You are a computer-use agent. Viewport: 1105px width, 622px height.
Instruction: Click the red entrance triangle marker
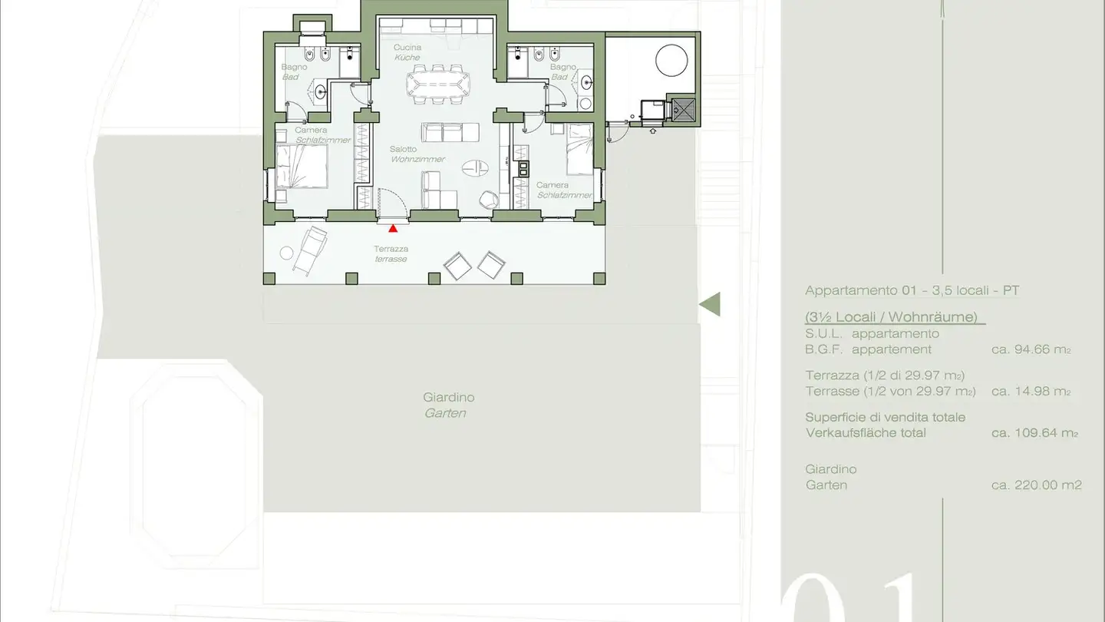pyautogui.click(x=393, y=228)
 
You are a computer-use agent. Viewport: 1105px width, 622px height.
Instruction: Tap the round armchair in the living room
pyautogui.click(x=488, y=200)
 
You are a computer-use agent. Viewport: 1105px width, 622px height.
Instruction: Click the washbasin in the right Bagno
pyautogui.click(x=589, y=82)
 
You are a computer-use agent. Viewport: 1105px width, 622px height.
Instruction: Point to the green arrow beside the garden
pyautogui.click(x=710, y=304)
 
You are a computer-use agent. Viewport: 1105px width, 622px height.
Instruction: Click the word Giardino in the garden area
pyautogui.click(x=448, y=398)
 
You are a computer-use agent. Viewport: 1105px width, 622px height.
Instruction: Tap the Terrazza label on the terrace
pyautogui.click(x=391, y=249)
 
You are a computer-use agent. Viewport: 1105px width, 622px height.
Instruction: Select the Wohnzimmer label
pyautogui.click(x=417, y=160)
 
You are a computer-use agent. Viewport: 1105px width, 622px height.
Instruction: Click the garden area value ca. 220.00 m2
pyautogui.click(x=1036, y=485)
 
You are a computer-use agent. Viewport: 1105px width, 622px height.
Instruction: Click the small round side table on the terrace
pyautogui.click(x=286, y=253)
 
